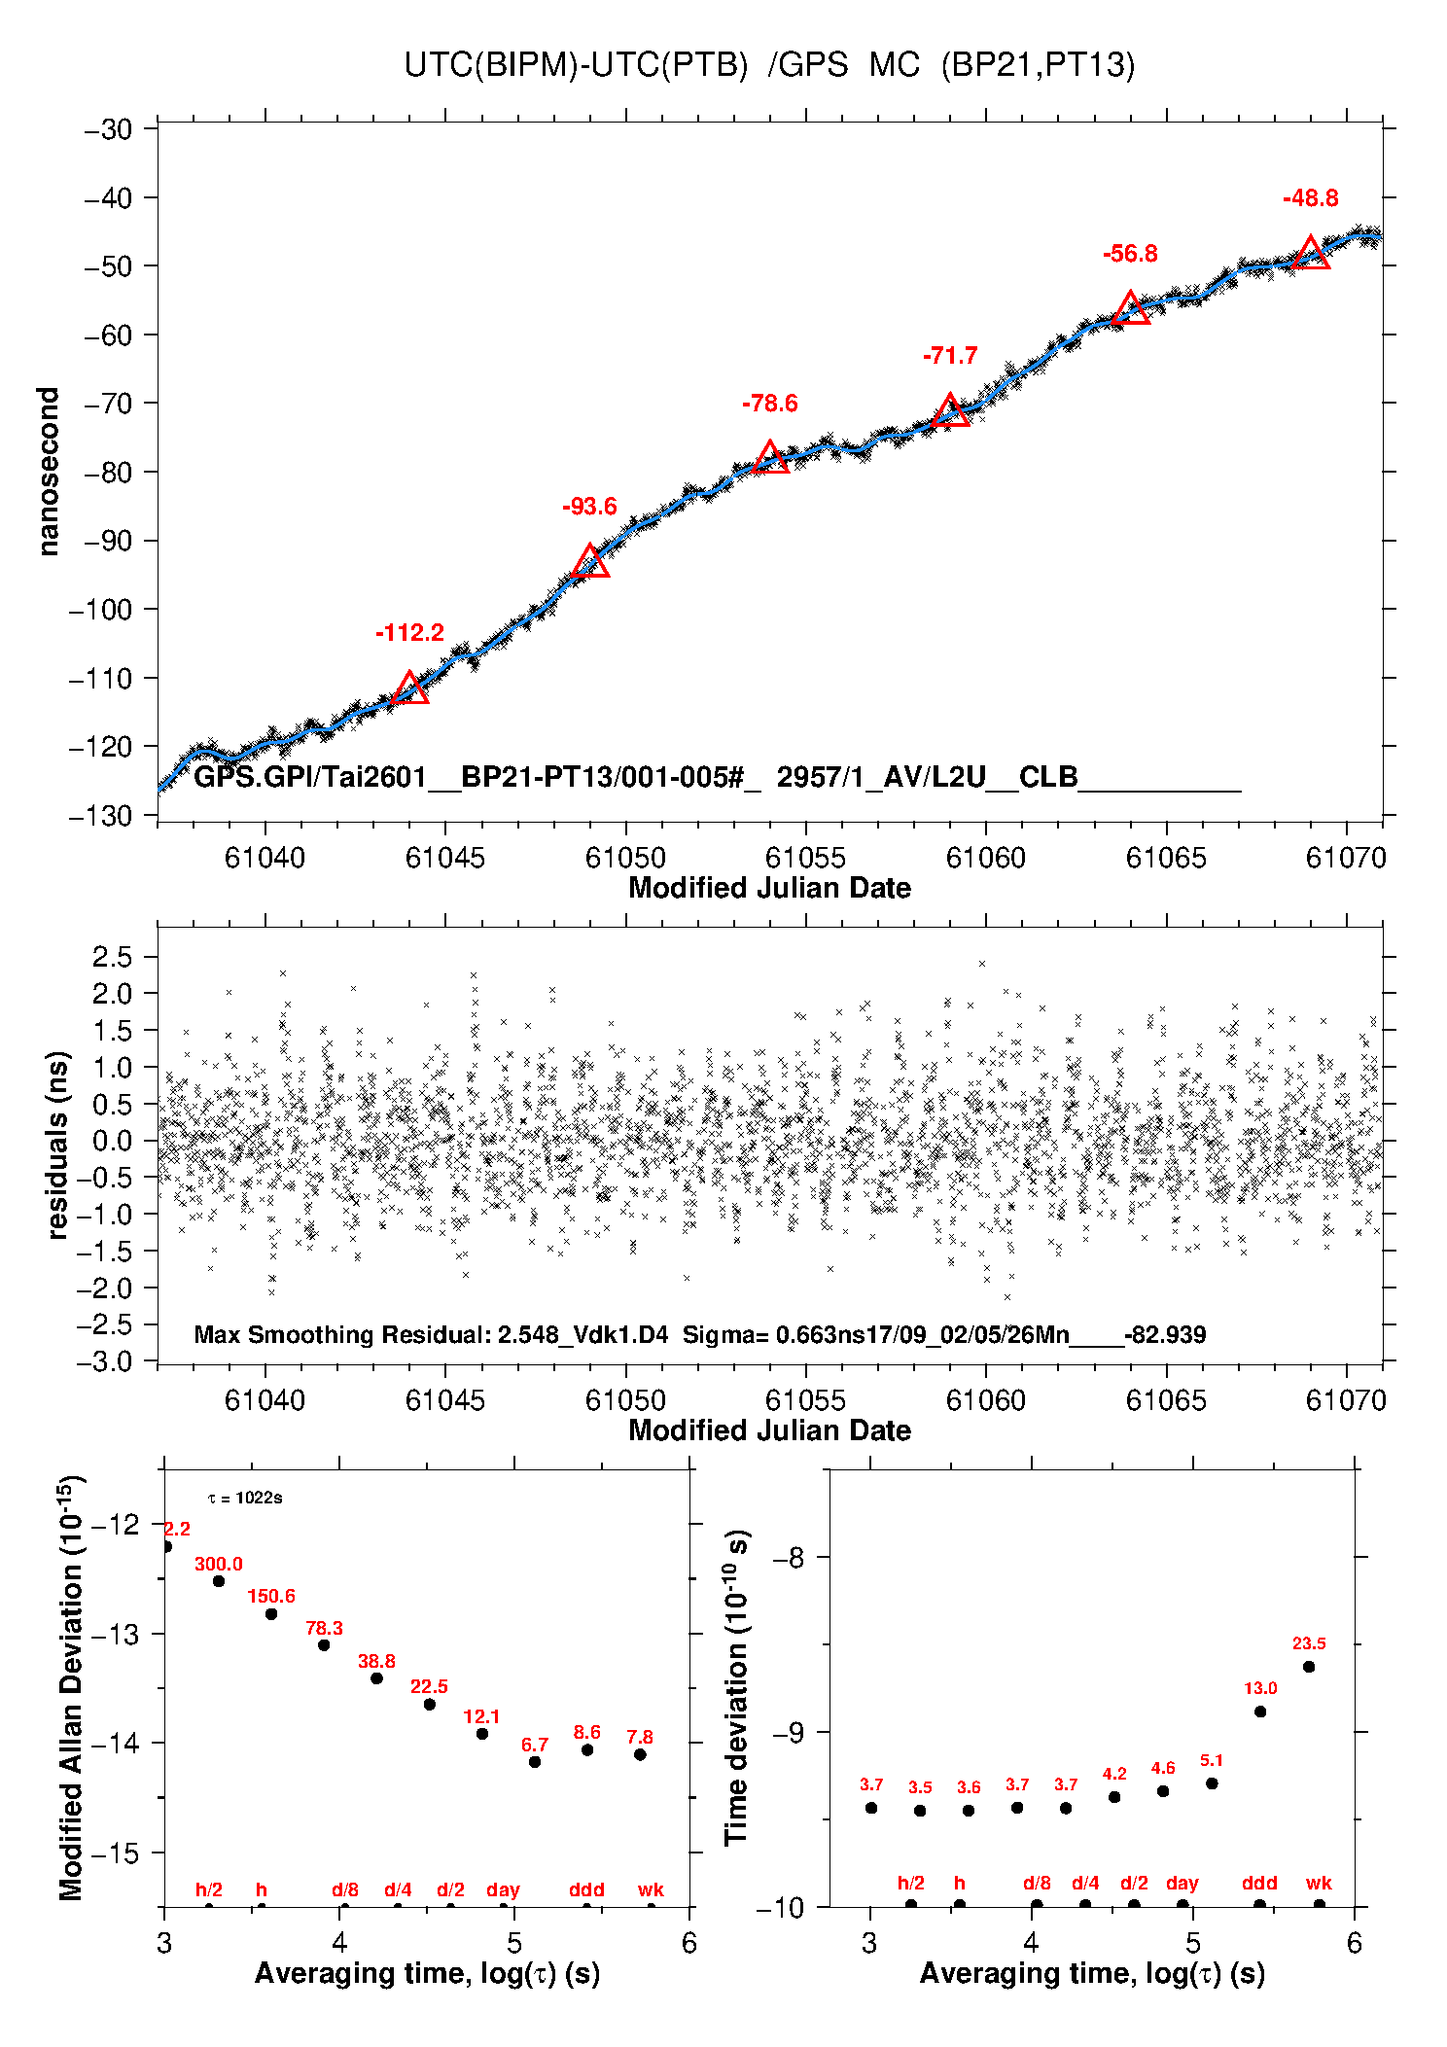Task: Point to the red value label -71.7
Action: click(950, 356)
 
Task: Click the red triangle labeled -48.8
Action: click(1311, 254)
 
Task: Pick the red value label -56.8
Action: click(1130, 254)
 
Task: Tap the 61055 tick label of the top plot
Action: click(805, 858)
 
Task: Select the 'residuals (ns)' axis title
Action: click(58, 1145)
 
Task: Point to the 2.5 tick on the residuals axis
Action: click(112, 957)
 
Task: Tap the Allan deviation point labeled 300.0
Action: click(219, 1581)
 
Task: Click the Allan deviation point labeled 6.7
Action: click(535, 1762)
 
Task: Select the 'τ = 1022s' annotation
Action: click(245, 1498)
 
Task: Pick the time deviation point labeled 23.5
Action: click(1309, 1667)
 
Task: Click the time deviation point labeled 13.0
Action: click(1260, 1712)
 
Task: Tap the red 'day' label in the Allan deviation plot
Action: click(503, 1889)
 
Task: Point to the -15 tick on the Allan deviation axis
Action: click(114, 1853)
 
